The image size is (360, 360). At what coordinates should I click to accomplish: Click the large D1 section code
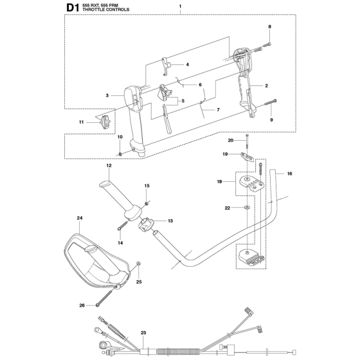pyautogui.click(x=73, y=8)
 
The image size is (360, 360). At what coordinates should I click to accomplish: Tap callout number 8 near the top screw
pyautogui.click(x=269, y=26)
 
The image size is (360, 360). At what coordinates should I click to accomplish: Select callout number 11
pyautogui.click(x=81, y=122)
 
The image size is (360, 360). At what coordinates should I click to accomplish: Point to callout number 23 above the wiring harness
pyautogui.click(x=143, y=333)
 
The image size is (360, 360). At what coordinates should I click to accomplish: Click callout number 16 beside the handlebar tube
pyautogui.click(x=289, y=174)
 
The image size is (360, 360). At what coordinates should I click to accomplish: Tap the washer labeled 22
pyautogui.click(x=247, y=208)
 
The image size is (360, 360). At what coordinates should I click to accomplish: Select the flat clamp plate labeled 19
pyautogui.click(x=248, y=157)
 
